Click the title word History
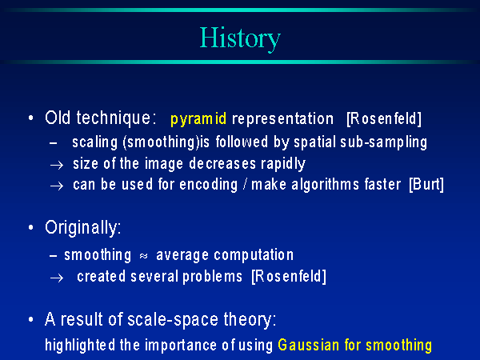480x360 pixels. point(240,39)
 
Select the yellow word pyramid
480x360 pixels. point(198,118)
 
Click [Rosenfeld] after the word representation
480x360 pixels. point(384,118)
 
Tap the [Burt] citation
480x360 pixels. point(426,184)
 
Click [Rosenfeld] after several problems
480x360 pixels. point(289,277)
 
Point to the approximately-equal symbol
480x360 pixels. point(143,256)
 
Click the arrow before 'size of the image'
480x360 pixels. point(57,166)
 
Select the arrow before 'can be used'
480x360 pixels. point(57,186)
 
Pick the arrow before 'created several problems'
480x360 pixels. point(57,278)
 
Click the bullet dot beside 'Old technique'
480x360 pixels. point(30,118)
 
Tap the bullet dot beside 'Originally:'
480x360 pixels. point(30,227)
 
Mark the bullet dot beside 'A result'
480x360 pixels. point(30,319)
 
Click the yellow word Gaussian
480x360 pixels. point(309,345)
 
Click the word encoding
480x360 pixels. point(209,185)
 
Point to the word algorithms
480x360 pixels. point(325,185)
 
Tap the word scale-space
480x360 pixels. point(173,320)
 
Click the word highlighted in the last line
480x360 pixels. point(80,346)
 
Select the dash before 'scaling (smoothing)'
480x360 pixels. point(54,143)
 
